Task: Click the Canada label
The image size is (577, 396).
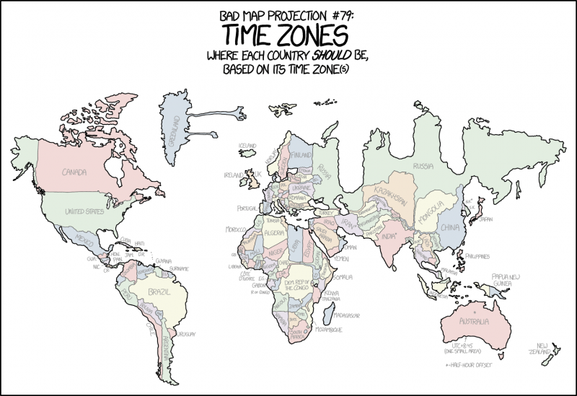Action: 74,172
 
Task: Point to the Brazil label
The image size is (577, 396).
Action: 158,291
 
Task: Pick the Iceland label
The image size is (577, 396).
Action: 247,145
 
